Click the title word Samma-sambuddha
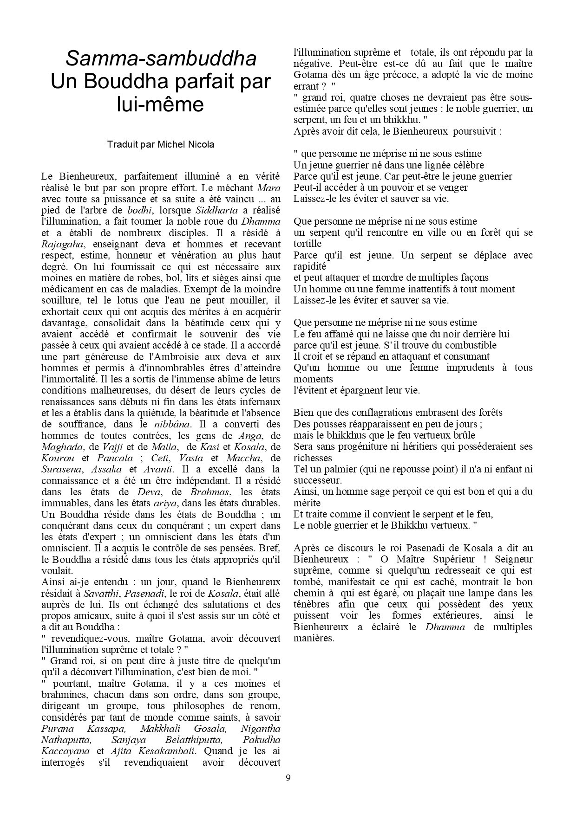pos(161,59)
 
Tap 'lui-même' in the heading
pos(160,104)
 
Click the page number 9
pos(288,778)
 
